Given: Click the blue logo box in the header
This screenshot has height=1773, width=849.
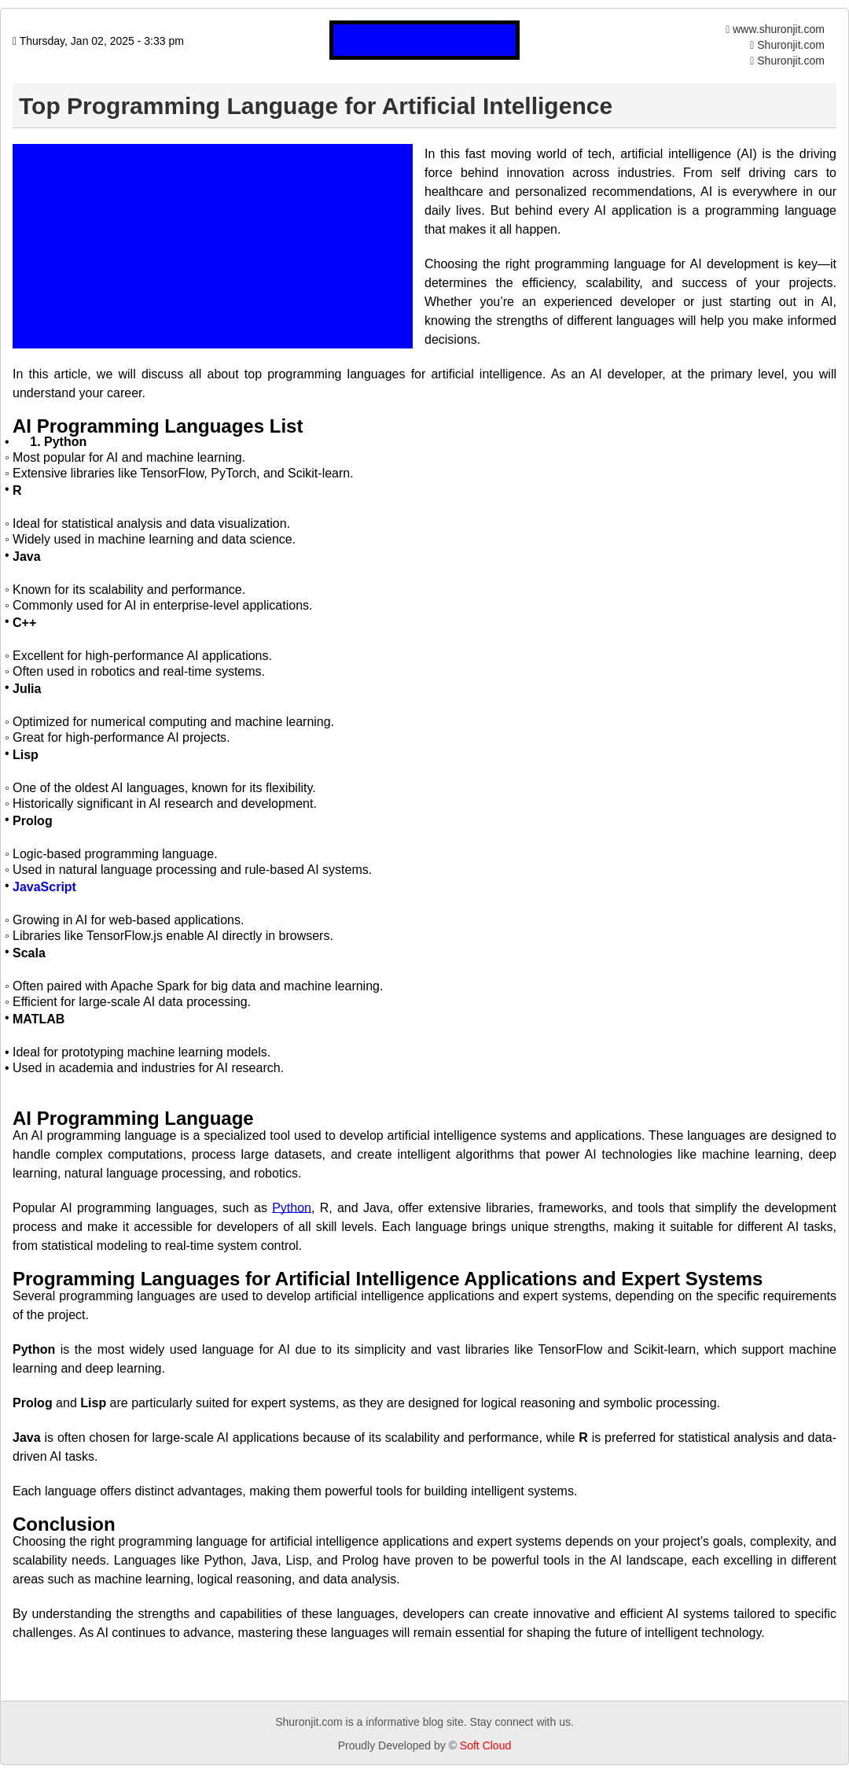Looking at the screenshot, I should [424, 40].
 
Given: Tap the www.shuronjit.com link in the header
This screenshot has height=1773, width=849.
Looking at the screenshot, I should [777, 29].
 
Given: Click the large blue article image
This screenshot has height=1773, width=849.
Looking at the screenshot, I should [212, 245].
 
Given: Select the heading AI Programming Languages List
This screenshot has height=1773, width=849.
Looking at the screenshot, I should [157, 426].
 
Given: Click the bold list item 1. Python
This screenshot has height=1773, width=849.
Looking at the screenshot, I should [58, 442].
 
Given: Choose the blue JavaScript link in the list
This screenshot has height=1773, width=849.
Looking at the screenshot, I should [44, 886].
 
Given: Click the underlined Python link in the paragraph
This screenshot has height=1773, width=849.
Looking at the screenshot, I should [292, 1207].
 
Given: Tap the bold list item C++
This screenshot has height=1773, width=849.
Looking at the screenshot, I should [24, 622].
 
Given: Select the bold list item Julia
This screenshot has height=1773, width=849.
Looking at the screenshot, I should [27, 688].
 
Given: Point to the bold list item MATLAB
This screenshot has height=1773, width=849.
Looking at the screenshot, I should [39, 1019].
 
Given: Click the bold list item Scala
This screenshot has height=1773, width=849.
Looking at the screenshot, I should [29, 953].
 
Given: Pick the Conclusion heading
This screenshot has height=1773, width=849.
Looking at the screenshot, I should [64, 1524].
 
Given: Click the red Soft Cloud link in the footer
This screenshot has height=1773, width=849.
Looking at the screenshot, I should [485, 1745].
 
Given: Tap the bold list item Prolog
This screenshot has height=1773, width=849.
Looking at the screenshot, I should [32, 820].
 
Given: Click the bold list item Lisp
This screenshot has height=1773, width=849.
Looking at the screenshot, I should [25, 754].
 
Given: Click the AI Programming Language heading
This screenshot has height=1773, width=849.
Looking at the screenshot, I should [133, 1119].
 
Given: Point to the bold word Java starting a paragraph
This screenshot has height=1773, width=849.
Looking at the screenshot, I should [27, 1437].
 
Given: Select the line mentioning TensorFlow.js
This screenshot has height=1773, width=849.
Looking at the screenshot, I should [173, 935].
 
